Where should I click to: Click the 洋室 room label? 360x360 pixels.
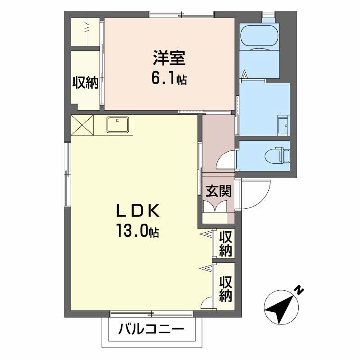coord(170,58)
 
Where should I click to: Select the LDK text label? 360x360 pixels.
coord(138,211)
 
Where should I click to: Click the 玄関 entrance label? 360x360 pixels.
coord(218,191)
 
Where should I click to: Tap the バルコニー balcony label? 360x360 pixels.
coord(151,330)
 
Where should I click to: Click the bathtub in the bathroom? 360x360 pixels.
coord(259,37)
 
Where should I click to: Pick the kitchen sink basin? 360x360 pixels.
coord(117,125)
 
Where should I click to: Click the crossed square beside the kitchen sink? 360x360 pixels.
coord(82,125)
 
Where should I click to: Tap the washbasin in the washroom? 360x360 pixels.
coord(283,126)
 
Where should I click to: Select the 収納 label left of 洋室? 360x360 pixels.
coord(85,82)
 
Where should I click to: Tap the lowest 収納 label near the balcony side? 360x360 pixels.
coord(226,289)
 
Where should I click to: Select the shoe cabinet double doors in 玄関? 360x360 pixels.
coord(216,207)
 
